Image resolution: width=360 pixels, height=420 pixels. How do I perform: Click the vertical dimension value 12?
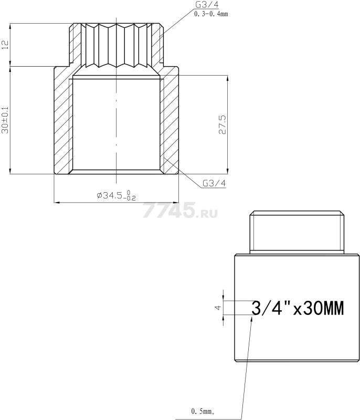point(5,45)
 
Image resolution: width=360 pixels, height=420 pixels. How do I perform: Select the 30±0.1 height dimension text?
point(5,120)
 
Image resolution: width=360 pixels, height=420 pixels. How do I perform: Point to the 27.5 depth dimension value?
point(222,124)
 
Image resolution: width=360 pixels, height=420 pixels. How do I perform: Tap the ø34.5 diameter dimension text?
point(116,195)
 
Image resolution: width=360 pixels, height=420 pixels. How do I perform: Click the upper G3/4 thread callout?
point(207,5)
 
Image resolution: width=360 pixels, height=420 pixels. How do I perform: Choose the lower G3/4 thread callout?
point(214,183)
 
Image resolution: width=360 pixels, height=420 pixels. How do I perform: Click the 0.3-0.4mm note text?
point(211,14)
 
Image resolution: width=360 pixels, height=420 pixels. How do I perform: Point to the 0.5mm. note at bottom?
point(203,411)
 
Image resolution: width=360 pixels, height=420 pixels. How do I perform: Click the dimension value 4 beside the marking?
point(219,307)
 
